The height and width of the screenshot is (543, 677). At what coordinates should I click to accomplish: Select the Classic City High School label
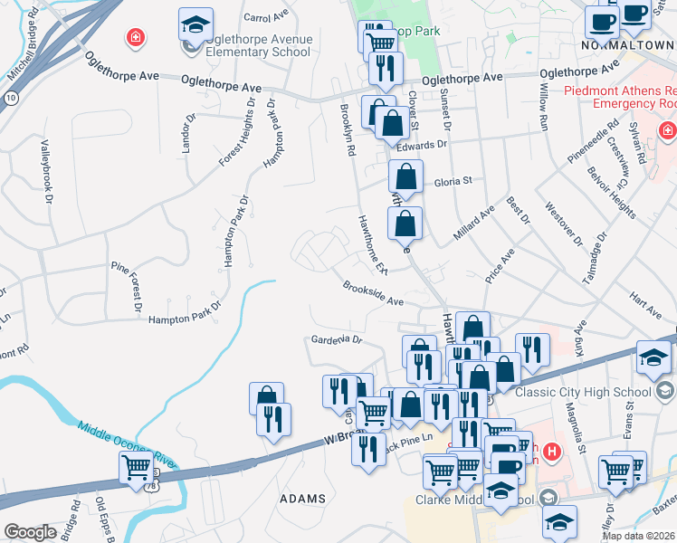[583, 392]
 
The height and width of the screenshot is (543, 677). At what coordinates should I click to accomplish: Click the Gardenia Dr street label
[336, 340]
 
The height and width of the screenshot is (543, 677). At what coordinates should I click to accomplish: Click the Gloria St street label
[454, 181]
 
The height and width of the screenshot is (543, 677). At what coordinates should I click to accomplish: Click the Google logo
[30, 532]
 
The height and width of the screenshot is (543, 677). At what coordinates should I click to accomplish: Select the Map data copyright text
[637, 536]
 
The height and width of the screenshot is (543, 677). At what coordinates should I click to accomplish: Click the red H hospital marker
[551, 450]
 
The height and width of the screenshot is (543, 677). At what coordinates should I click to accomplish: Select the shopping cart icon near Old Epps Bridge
[137, 468]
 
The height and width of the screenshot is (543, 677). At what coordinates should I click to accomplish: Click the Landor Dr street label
[189, 132]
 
